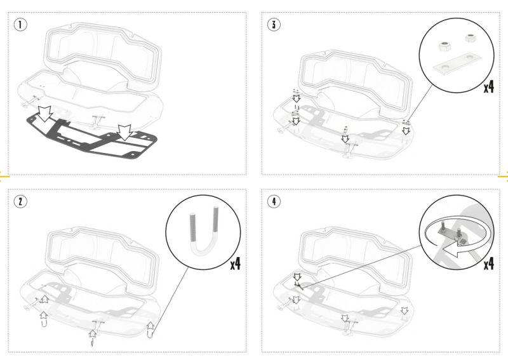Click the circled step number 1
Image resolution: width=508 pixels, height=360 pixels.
coord(20,25)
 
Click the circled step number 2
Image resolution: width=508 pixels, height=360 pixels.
coord(20,201)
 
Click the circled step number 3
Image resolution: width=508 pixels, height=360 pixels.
coord(274,25)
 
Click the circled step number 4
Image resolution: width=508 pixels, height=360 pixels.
coord(274,201)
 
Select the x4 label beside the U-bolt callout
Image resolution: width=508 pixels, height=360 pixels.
coord(236,264)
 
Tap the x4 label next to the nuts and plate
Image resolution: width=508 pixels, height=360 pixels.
coord(489,87)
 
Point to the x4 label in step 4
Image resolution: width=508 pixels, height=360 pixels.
coord(489,264)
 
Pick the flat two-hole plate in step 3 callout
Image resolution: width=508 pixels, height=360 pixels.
coord(457,64)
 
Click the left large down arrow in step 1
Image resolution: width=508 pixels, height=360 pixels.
coord(44,113)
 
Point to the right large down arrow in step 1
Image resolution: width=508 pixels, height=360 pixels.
coord(124,133)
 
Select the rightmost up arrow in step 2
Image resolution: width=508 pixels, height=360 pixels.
coord(150,326)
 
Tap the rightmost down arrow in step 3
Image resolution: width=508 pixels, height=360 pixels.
coord(406,130)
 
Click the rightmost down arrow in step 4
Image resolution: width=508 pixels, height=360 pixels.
coord(404,310)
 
